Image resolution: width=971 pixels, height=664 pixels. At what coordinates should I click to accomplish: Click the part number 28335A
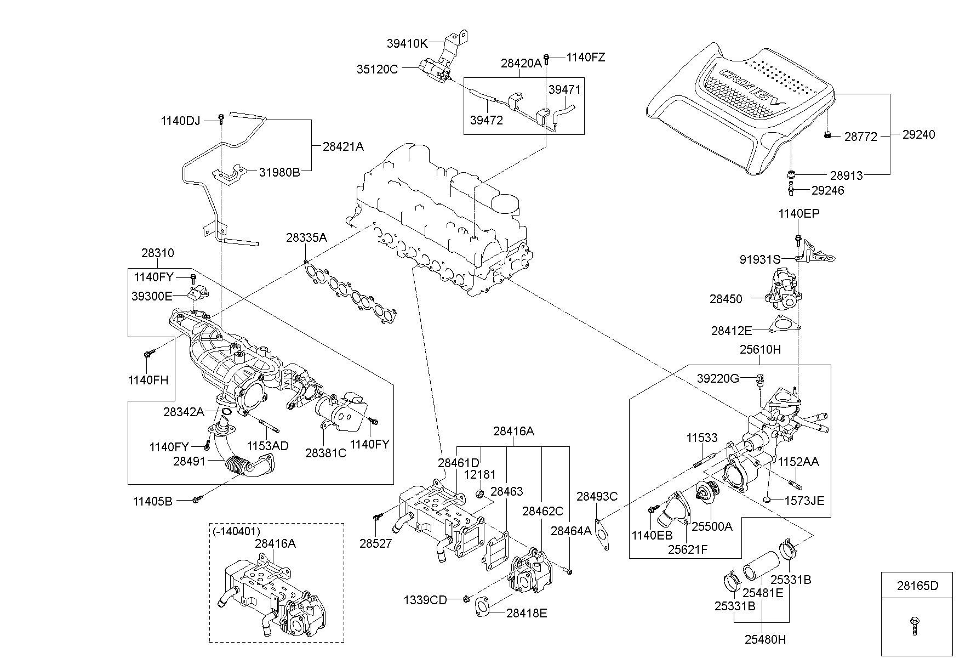pos(306,238)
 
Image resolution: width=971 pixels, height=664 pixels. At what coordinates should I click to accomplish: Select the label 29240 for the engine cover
pos(919,134)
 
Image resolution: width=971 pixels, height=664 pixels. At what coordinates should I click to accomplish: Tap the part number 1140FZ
pos(585,58)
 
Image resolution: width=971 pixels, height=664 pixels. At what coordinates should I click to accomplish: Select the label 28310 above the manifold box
pos(158,253)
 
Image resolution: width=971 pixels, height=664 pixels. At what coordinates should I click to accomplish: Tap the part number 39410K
pos(407,43)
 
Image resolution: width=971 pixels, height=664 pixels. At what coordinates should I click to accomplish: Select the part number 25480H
pos(765,639)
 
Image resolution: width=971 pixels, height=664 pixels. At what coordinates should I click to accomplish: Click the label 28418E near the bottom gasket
pos(526,613)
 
